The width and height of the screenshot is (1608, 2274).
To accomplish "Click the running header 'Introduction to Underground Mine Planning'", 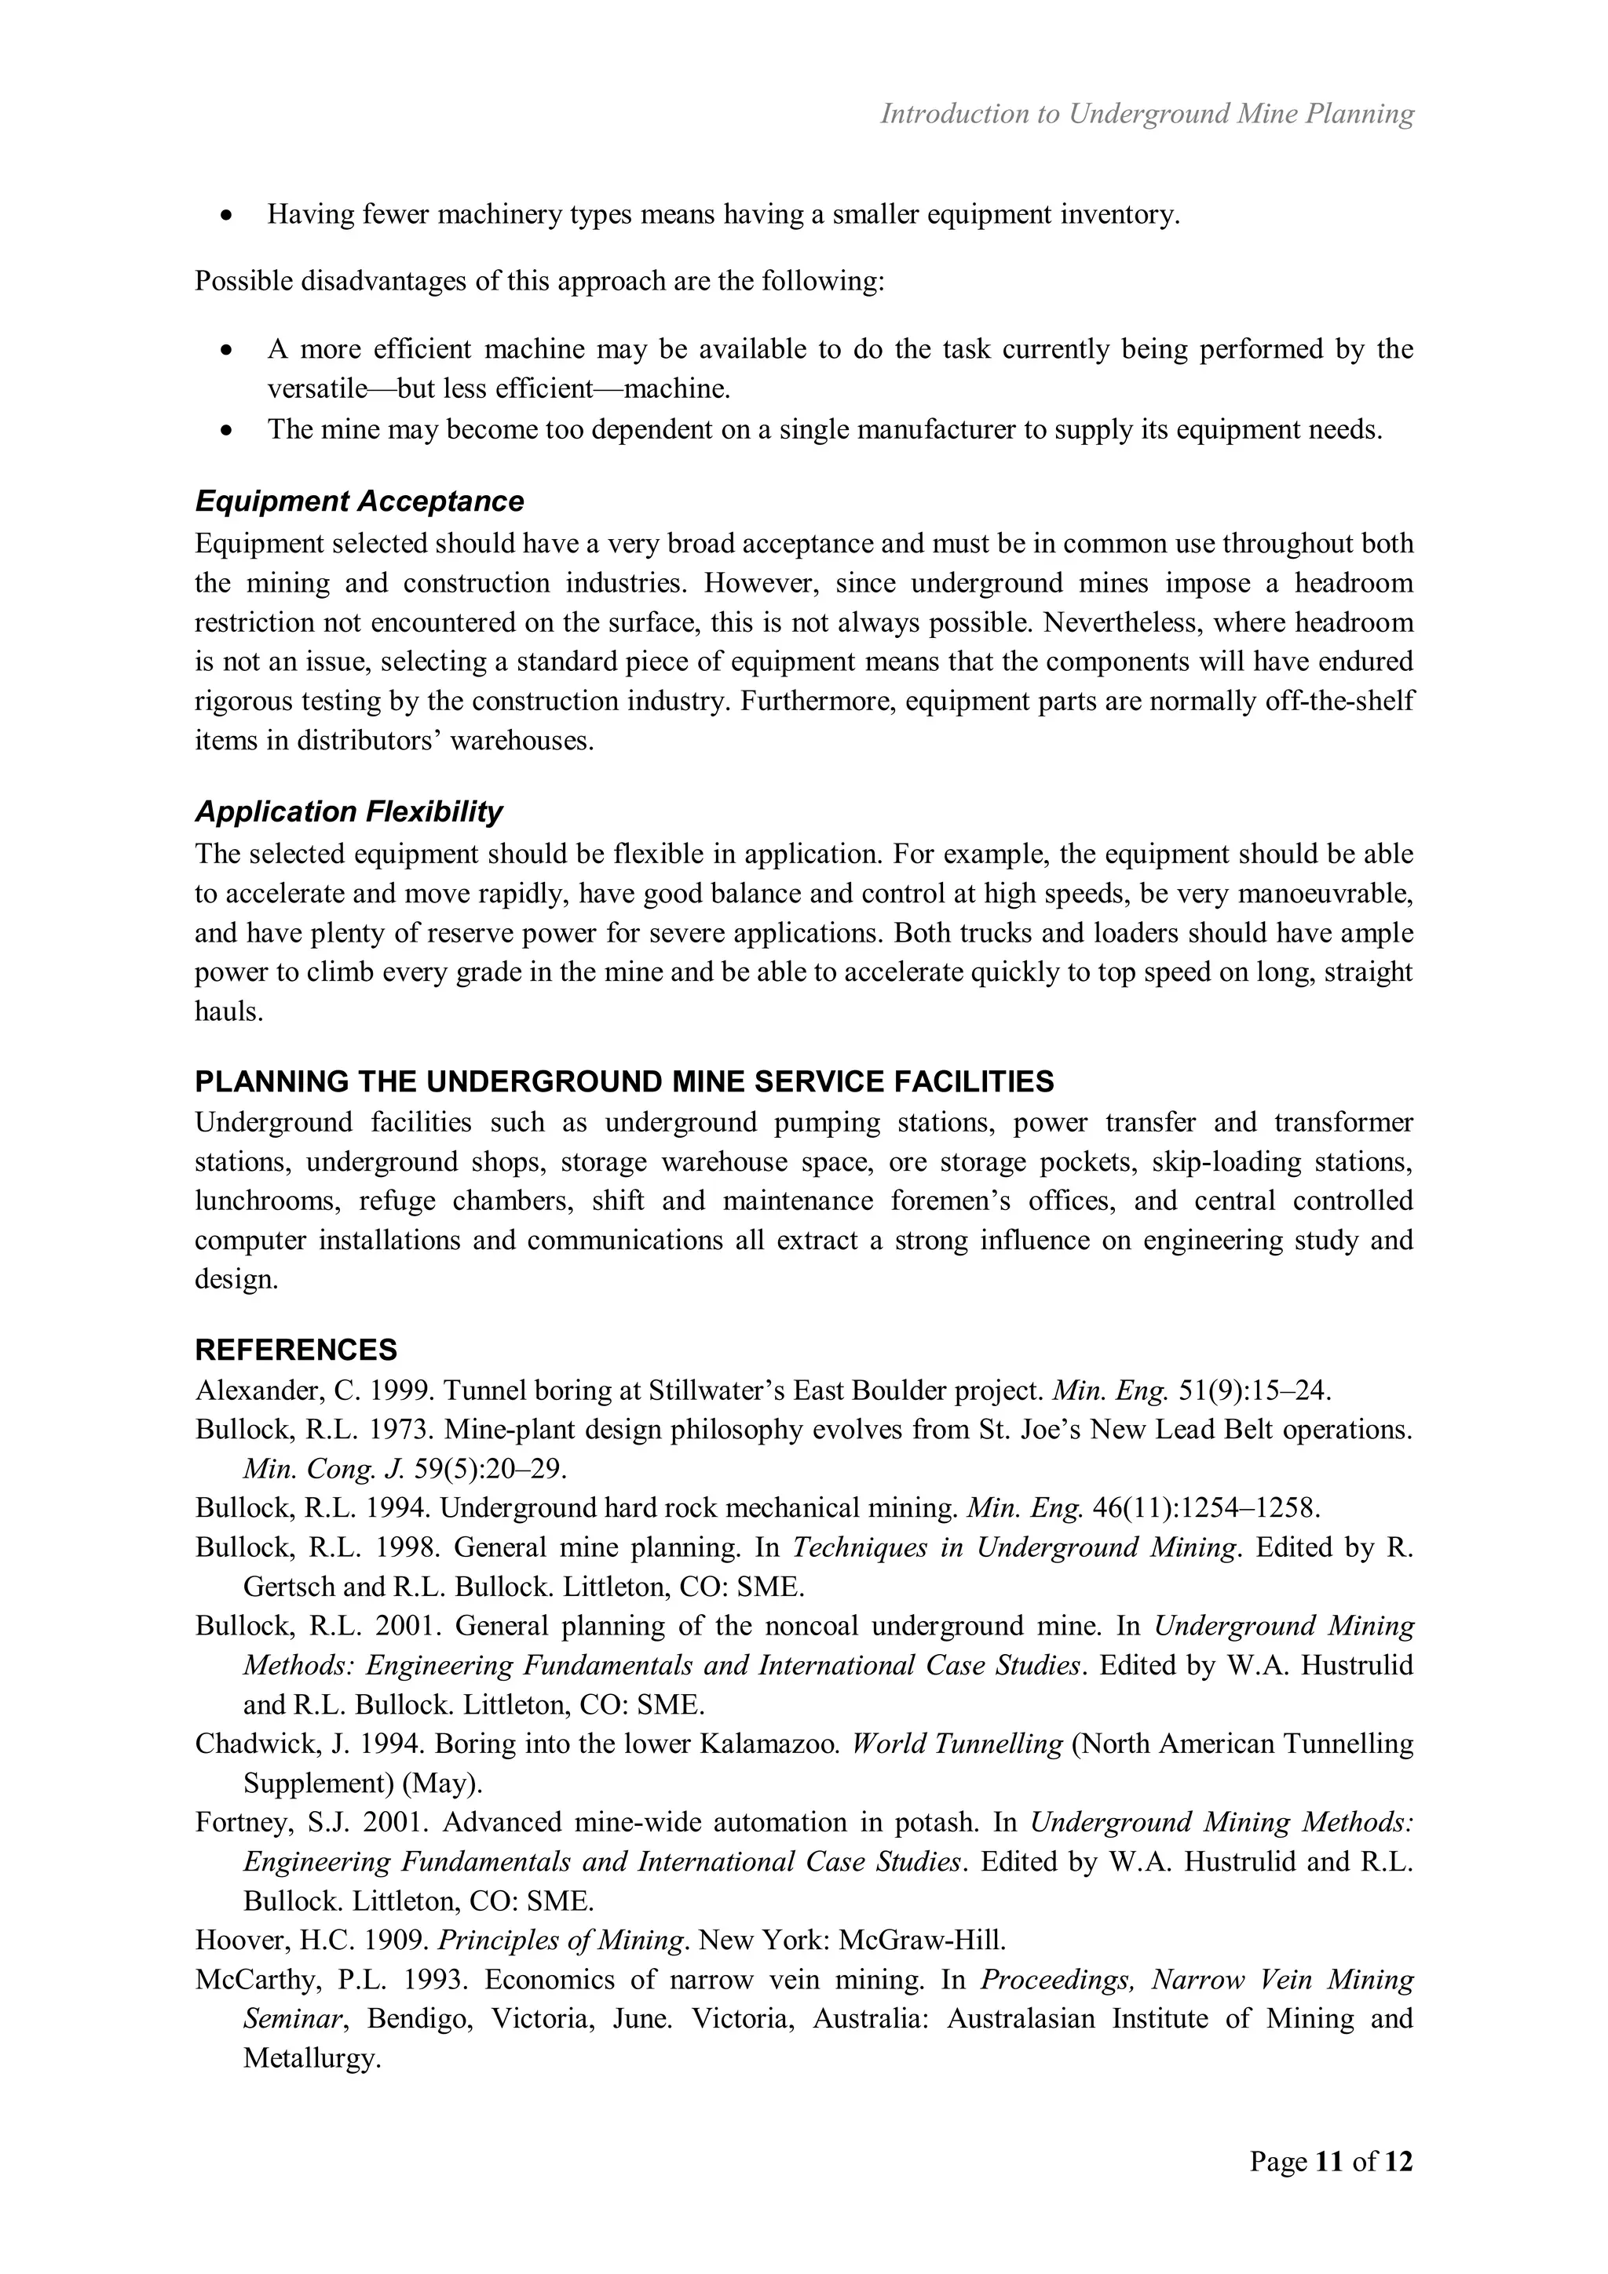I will coord(1146,114).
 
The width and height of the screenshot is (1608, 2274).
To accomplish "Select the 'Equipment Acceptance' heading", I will coord(359,501).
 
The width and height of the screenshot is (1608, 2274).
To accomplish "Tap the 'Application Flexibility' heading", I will coord(348,811).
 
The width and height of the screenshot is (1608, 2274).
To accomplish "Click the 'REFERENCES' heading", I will coord(295,1349).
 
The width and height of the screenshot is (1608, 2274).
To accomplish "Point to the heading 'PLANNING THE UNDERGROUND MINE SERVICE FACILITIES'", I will coord(623,1081).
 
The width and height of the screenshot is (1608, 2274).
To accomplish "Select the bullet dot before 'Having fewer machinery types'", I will coord(228,215).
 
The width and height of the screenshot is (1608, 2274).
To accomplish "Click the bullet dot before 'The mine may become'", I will coord(228,430).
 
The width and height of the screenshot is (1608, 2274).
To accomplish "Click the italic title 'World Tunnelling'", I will coord(956,1743).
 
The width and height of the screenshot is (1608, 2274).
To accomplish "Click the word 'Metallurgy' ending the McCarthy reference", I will coord(311,2057).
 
